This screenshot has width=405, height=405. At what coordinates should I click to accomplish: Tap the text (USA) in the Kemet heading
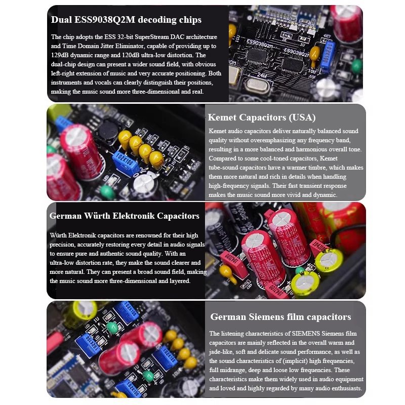(302, 117)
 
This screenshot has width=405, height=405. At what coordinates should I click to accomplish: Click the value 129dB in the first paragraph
(60, 55)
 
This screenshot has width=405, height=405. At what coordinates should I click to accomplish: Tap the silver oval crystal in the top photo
(256, 85)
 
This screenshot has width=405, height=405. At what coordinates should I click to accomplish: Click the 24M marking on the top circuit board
(262, 75)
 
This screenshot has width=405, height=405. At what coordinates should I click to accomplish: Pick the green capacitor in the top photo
(357, 66)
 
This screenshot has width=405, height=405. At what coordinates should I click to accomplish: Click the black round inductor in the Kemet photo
(108, 131)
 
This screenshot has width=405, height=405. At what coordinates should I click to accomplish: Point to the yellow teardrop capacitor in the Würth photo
(227, 273)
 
